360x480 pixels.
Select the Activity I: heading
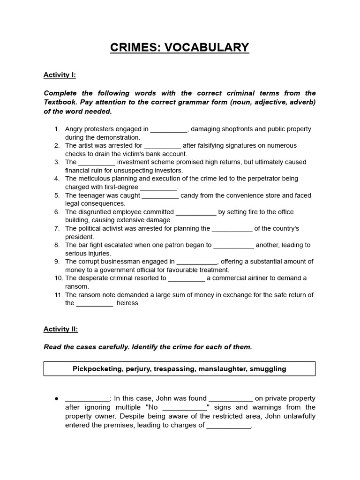click(60, 75)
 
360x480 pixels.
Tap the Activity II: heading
click(60, 329)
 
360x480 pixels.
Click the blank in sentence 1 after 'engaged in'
click(169, 129)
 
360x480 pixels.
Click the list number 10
click(58, 278)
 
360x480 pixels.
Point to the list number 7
click(57, 228)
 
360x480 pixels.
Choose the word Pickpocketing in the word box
click(97, 368)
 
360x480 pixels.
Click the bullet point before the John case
click(56, 398)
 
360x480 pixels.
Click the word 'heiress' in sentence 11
click(128, 303)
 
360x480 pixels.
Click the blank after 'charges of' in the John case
click(229, 426)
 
